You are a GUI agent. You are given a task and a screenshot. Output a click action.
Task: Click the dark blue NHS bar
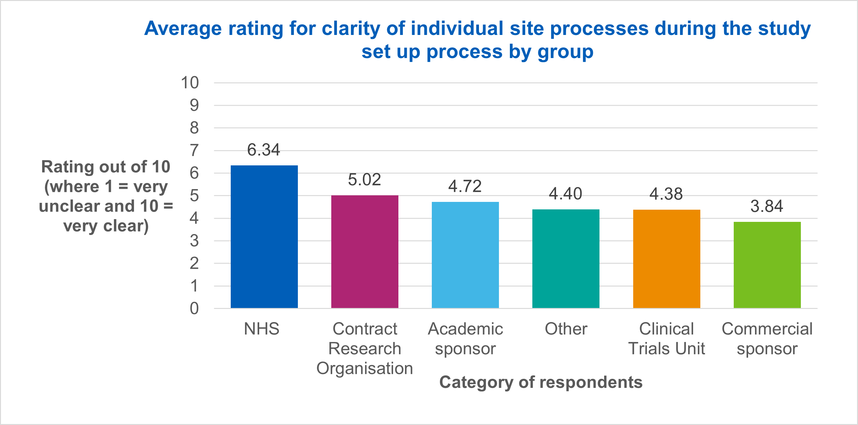(x=264, y=237)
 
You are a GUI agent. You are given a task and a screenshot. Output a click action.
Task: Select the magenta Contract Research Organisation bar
(x=365, y=252)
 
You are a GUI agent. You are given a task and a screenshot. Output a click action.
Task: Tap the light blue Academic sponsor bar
(x=465, y=255)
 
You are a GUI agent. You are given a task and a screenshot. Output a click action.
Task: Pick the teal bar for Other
(x=566, y=259)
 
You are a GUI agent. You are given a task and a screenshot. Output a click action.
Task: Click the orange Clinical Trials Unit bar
(x=667, y=259)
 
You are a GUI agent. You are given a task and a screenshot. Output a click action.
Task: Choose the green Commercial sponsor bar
(x=767, y=265)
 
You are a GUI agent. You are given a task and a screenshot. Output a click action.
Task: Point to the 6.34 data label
(x=264, y=150)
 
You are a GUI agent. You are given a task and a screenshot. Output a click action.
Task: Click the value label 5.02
(x=364, y=180)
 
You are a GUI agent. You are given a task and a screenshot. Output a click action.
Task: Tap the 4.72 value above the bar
(x=465, y=186)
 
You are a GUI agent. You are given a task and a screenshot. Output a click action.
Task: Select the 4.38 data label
(x=666, y=194)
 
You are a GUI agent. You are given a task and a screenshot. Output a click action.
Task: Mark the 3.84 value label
(x=767, y=206)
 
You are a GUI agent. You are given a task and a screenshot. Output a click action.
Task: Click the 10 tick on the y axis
(x=190, y=83)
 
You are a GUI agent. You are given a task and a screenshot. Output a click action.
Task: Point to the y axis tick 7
(x=194, y=150)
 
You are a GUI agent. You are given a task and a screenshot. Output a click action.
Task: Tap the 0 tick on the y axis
(x=194, y=309)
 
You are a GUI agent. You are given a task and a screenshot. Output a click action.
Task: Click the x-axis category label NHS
(x=261, y=329)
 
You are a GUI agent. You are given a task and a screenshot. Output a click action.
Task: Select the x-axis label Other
(x=566, y=329)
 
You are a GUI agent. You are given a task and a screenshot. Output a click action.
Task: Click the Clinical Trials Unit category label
(x=667, y=339)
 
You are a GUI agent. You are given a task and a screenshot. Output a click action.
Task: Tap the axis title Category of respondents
(x=541, y=382)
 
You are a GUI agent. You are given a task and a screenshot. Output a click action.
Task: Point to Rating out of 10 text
(x=106, y=166)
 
